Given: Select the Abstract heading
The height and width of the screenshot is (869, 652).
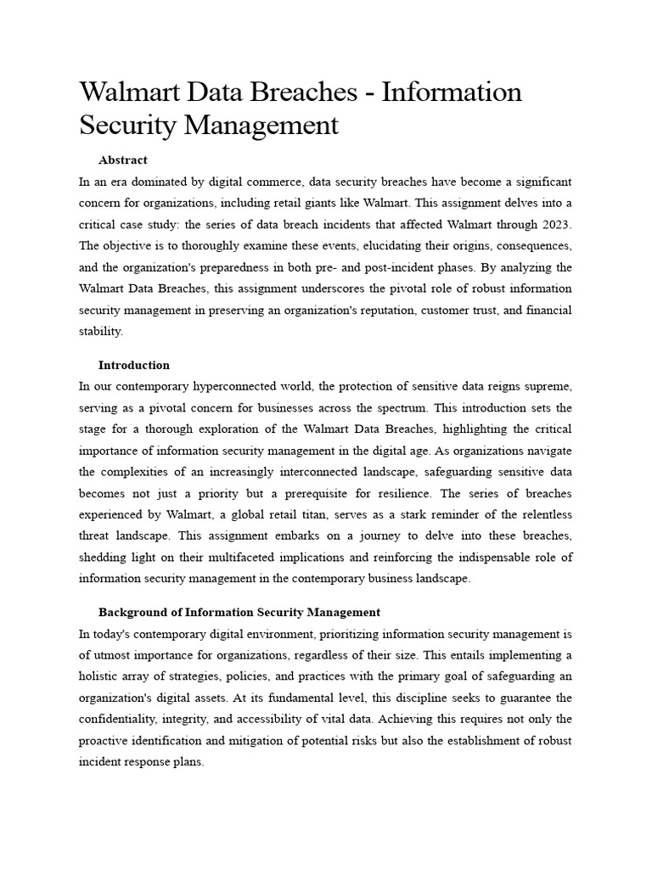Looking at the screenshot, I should [x=122, y=160].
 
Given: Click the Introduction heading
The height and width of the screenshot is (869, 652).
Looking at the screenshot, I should [x=133, y=365].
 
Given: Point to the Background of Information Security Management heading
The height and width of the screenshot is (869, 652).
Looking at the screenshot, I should [x=239, y=612].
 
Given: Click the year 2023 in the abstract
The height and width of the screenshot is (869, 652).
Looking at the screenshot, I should [x=556, y=226].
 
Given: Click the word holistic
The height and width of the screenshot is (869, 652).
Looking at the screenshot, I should [x=99, y=677].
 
